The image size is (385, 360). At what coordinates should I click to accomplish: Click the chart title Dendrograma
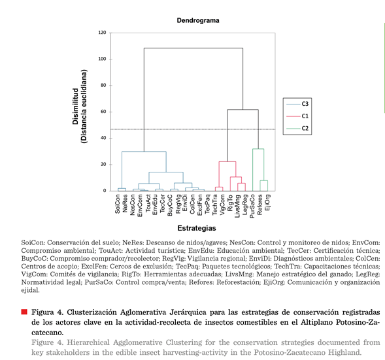point(198,20)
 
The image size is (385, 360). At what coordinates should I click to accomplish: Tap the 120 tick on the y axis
point(102,33)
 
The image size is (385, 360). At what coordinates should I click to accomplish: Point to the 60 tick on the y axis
point(103,112)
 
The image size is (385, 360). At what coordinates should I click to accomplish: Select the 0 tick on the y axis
point(105,191)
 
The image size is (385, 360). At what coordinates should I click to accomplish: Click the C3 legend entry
point(297,104)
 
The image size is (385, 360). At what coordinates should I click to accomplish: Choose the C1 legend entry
point(297,116)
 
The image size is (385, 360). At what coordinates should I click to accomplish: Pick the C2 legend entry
point(297,128)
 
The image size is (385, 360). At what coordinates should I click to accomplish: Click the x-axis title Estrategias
point(197,228)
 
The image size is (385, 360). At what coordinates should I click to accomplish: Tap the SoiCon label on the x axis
point(118,204)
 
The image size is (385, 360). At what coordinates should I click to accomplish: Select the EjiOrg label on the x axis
point(267,203)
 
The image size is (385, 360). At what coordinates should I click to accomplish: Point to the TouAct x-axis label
point(148,203)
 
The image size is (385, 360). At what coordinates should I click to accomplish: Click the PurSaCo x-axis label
point(252,206)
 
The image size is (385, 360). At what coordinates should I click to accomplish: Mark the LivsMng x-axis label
point(237,206)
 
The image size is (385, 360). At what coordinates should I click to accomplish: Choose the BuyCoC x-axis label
point(170,205)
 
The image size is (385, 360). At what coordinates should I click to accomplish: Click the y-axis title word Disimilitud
point(75,106)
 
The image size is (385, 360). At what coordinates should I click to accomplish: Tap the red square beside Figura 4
point(24,312)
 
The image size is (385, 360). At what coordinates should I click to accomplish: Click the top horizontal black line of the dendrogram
point(193,48)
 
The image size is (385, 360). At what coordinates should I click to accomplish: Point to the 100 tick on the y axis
point(102,59)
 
